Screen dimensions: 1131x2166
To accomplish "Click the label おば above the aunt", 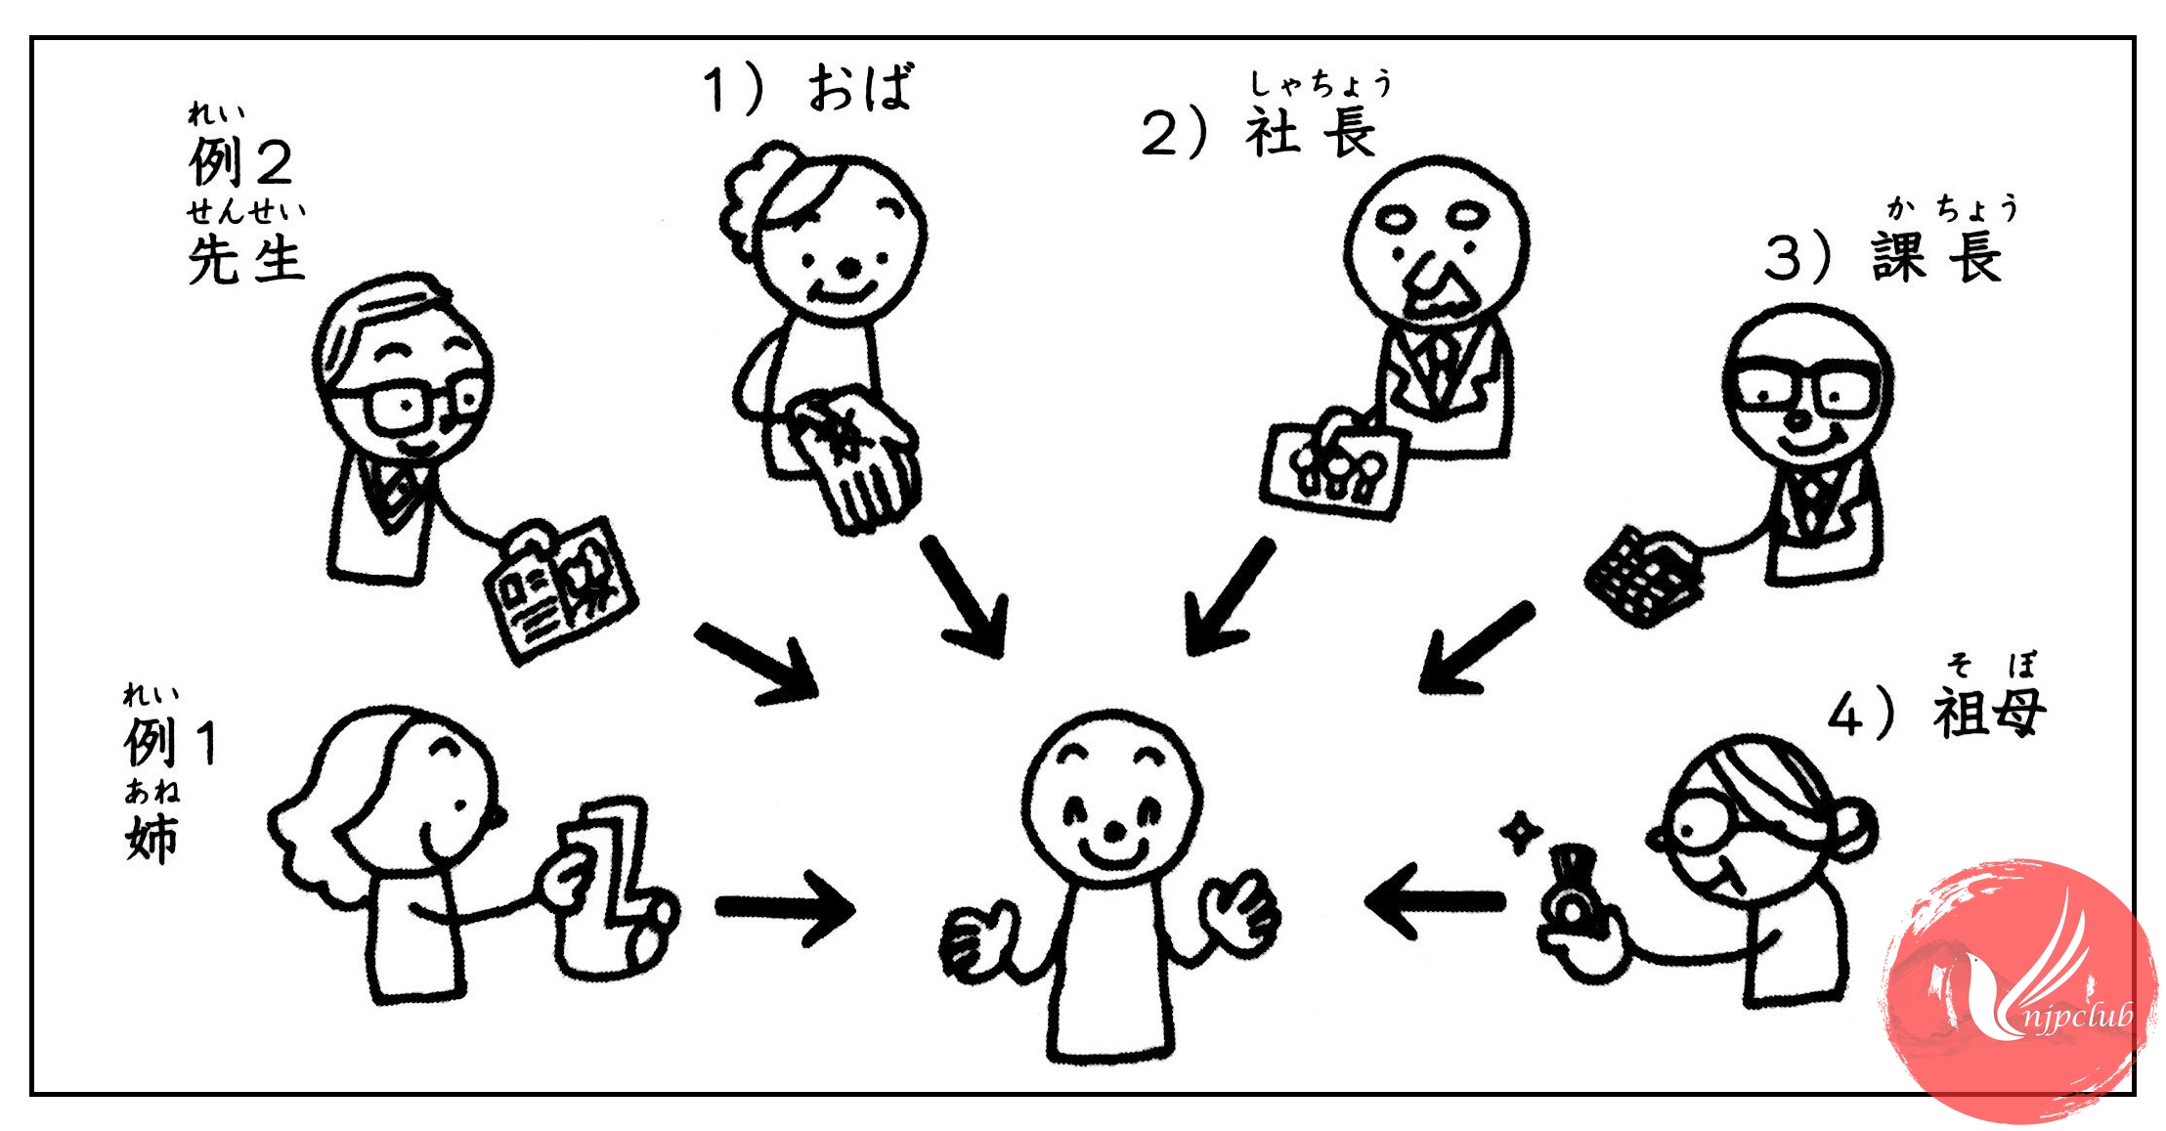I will [x=860, y=88].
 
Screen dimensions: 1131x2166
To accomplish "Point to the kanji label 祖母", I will [x=1988, y=712].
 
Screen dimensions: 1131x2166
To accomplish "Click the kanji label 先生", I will [x=245, y=260].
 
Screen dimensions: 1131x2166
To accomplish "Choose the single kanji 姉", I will [x=152, y=838].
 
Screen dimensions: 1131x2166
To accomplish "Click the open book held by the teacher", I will [x=561, y=588].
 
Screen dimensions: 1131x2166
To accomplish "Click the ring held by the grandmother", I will [x=1574, y=899].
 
